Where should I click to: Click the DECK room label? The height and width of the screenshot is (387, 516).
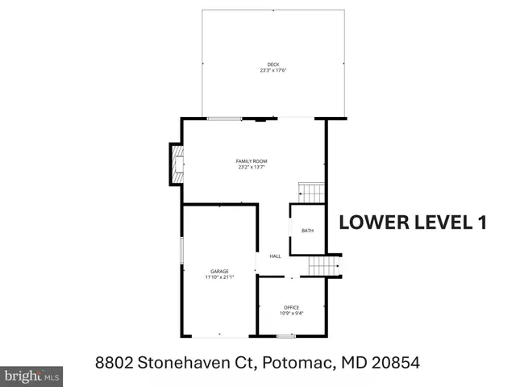point(273,64)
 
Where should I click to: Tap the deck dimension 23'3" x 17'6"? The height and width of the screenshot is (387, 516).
point(273,71)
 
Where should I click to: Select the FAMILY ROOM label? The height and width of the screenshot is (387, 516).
point(252,161)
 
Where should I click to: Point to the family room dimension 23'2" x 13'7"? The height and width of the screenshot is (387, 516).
point(252,168)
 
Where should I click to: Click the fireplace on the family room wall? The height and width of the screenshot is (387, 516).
point(175,164)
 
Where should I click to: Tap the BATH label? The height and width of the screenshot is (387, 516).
point(307,231)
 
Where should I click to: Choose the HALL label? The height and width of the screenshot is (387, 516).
point(275,256)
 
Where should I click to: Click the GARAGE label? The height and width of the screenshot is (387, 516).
point(219,271)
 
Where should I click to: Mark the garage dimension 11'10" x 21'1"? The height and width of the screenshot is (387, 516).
point(219,277)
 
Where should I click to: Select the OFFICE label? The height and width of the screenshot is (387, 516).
point(291,307)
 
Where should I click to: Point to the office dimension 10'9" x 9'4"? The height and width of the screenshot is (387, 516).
point(291,314)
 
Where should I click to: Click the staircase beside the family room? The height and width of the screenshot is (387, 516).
point(311,192)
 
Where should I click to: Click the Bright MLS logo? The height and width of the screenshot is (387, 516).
point(31,376)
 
